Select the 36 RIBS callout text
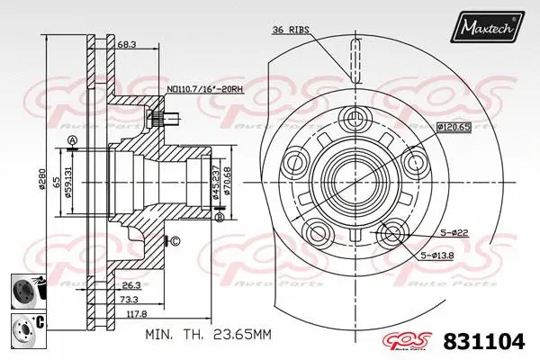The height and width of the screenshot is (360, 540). [291, 30]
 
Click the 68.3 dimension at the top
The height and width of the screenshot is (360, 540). [126, 43]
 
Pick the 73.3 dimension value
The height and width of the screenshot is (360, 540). [130, 299]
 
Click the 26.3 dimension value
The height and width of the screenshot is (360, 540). [130, 284]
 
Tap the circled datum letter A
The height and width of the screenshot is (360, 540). [72, 139]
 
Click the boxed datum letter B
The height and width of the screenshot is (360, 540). [219, 217]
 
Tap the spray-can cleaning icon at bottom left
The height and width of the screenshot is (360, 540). [25, 292]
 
